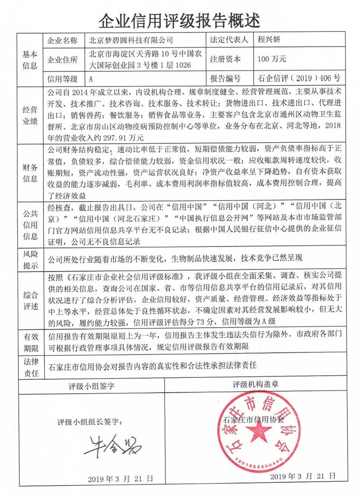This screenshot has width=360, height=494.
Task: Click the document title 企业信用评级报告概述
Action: pos(180,19)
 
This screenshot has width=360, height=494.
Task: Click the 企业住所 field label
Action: pos(63,59)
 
